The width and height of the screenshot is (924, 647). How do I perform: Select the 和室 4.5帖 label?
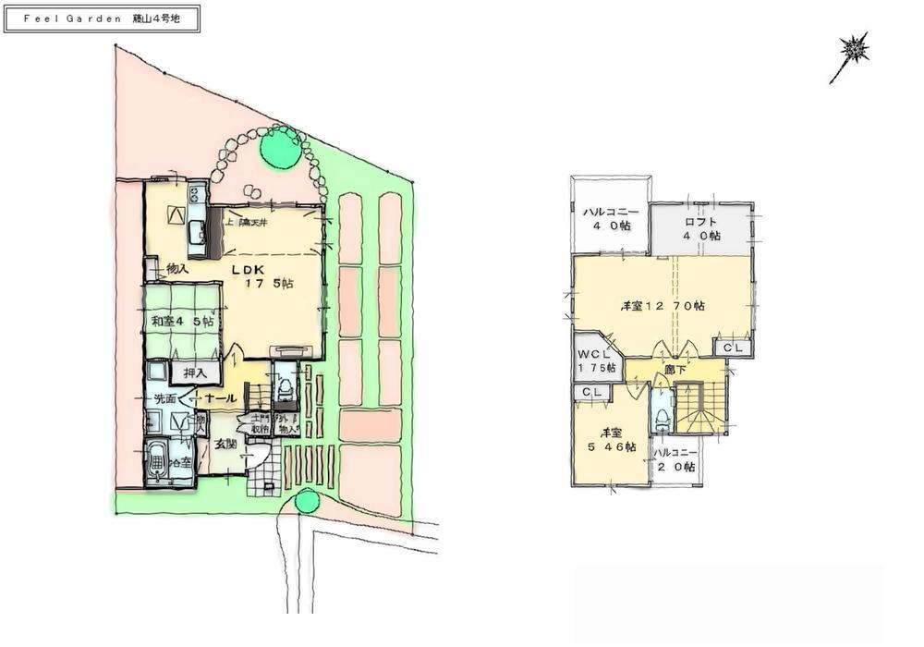182,322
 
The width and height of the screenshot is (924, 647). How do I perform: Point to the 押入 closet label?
195,372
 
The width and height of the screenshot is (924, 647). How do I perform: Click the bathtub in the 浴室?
157,459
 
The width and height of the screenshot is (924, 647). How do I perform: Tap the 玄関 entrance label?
225,444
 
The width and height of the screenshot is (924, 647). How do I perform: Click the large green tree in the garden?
279,147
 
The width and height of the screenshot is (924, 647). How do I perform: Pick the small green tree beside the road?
307,501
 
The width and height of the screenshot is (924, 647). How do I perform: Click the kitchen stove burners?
195,194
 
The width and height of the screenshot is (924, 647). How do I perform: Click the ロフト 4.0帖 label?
701,228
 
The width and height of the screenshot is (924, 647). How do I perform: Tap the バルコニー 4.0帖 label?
607,220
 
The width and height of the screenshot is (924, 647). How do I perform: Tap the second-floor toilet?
660,414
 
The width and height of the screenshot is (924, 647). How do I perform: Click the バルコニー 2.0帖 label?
675,460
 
